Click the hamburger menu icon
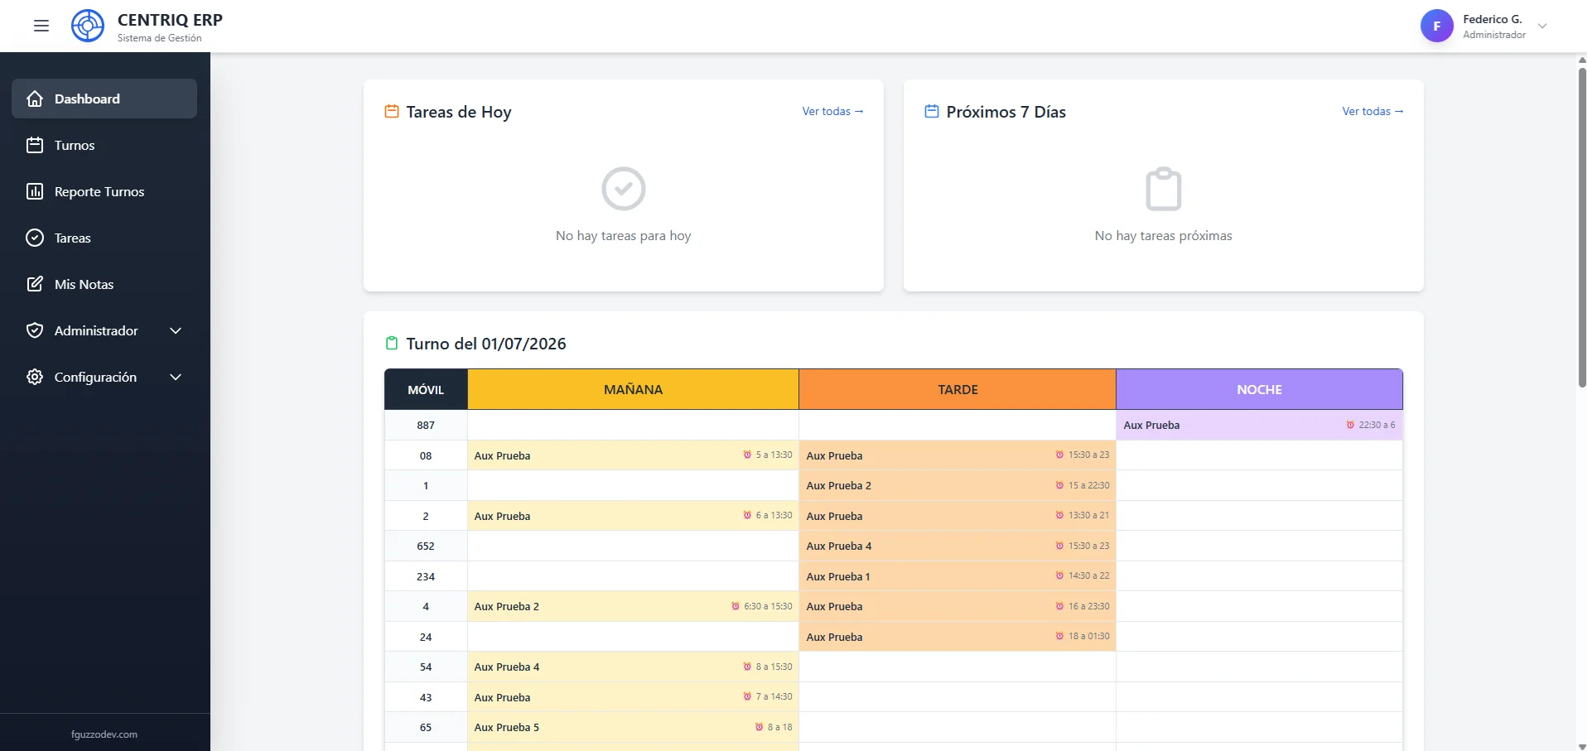(41, 26)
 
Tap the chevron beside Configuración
(176, 377)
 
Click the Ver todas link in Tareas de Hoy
(832, 111)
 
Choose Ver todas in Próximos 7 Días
(1372, 111)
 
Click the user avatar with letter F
(1437, 26)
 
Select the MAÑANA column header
(633, 389)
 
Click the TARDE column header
(958, 389)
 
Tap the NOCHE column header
(1259, 389)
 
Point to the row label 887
(426, 426)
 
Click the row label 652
(426, 546)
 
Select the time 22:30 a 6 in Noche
(1377, 425)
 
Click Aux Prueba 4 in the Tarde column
(839, 546)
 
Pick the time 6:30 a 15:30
(768, 606)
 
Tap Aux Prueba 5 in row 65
(507, 728)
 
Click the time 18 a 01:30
(1088, 636)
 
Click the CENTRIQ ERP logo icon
(88, 26)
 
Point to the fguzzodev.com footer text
(104, 734)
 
